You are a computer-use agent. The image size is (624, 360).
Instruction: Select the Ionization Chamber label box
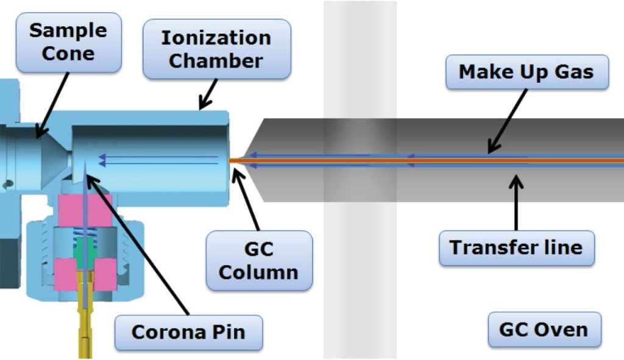point(216,49)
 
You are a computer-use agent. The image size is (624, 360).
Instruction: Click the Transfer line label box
point(516,247)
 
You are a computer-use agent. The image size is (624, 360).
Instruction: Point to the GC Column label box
point(258,260)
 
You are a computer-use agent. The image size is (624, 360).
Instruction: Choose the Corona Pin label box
point(188,332)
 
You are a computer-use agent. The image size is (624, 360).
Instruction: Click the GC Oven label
point(544,330)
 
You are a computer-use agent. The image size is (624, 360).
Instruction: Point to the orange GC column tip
point(235,160)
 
